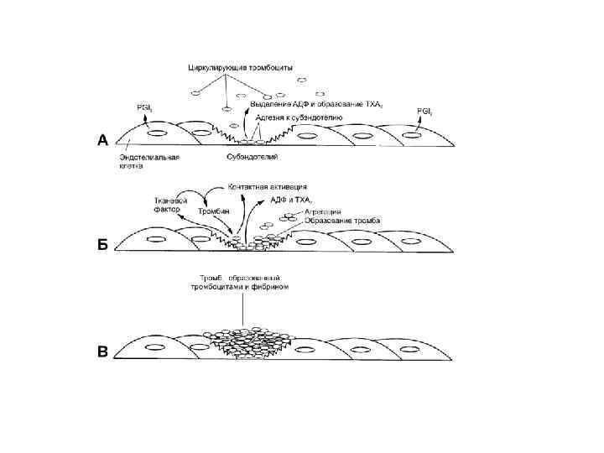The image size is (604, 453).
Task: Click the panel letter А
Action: [x=102, y=141]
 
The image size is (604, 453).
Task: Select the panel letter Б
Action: [x=102, y=244]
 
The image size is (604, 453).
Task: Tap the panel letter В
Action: [x=102, y=351]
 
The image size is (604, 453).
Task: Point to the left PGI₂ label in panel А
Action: [x=144, y=107]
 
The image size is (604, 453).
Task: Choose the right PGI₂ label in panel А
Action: [x=426, y=111]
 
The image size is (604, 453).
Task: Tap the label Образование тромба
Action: [x=334, y=221]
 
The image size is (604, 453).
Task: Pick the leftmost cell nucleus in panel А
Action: [x=157, y=133]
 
